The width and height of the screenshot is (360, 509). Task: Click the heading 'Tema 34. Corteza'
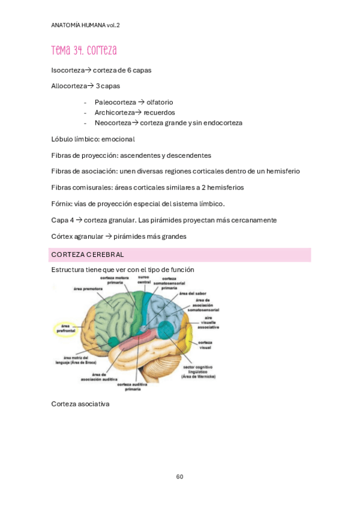tap(84, 50)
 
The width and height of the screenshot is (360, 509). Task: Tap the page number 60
tap(179, 477)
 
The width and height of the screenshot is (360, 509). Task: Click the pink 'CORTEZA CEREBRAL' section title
tap(88, 254)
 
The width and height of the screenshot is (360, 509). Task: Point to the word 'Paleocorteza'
tap(115, 102)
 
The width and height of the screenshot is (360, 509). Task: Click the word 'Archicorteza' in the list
tap(115, 112)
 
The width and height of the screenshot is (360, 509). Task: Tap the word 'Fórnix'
tap(61, 203)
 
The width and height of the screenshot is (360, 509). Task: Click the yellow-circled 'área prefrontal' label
tap(64, 328)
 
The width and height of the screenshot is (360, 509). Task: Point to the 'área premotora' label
tap(88, 289)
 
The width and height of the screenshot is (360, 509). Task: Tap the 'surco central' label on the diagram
tap(144, 279)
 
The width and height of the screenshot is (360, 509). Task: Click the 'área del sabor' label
tap(193, 294)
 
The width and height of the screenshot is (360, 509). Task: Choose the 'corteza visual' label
tap(205, 345)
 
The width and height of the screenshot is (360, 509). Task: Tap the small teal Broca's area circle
tap(113, 342)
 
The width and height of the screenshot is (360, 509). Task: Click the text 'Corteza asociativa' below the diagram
tap(80, 404)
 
